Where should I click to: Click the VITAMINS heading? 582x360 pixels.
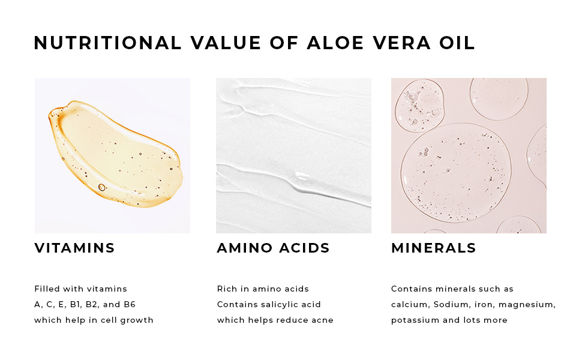(x=74, y=248)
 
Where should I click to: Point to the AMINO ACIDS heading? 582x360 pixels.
(x=273, y=248)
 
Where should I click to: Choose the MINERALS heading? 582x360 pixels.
(x=434, y=248)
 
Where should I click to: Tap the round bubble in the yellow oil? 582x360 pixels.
(x=102, y=187)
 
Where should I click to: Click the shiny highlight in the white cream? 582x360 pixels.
(x=302, y=176)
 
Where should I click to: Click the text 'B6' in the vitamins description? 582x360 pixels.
(x=130, y=304)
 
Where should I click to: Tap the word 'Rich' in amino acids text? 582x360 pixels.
(x=226, y=289)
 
